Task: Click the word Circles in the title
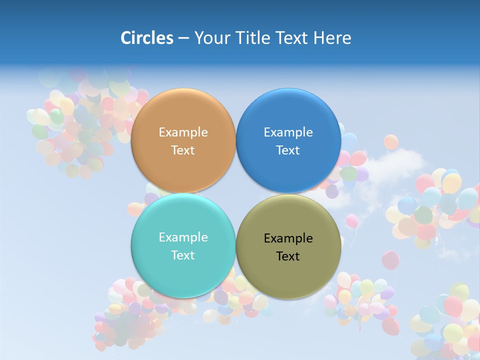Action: (147, 38)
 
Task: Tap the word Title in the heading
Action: (252, 38)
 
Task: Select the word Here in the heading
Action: (332, 38)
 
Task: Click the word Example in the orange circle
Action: (183, 132)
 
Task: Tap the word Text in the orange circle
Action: (183, 150)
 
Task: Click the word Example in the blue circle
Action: (288, 132)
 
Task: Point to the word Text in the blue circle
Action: (288, 150)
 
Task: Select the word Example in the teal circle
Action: (183, 237)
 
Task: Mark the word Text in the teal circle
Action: (183, 255)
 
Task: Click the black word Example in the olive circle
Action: (288, 238)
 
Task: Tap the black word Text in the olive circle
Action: (288, 256)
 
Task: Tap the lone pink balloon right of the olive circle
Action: (390, 260)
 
